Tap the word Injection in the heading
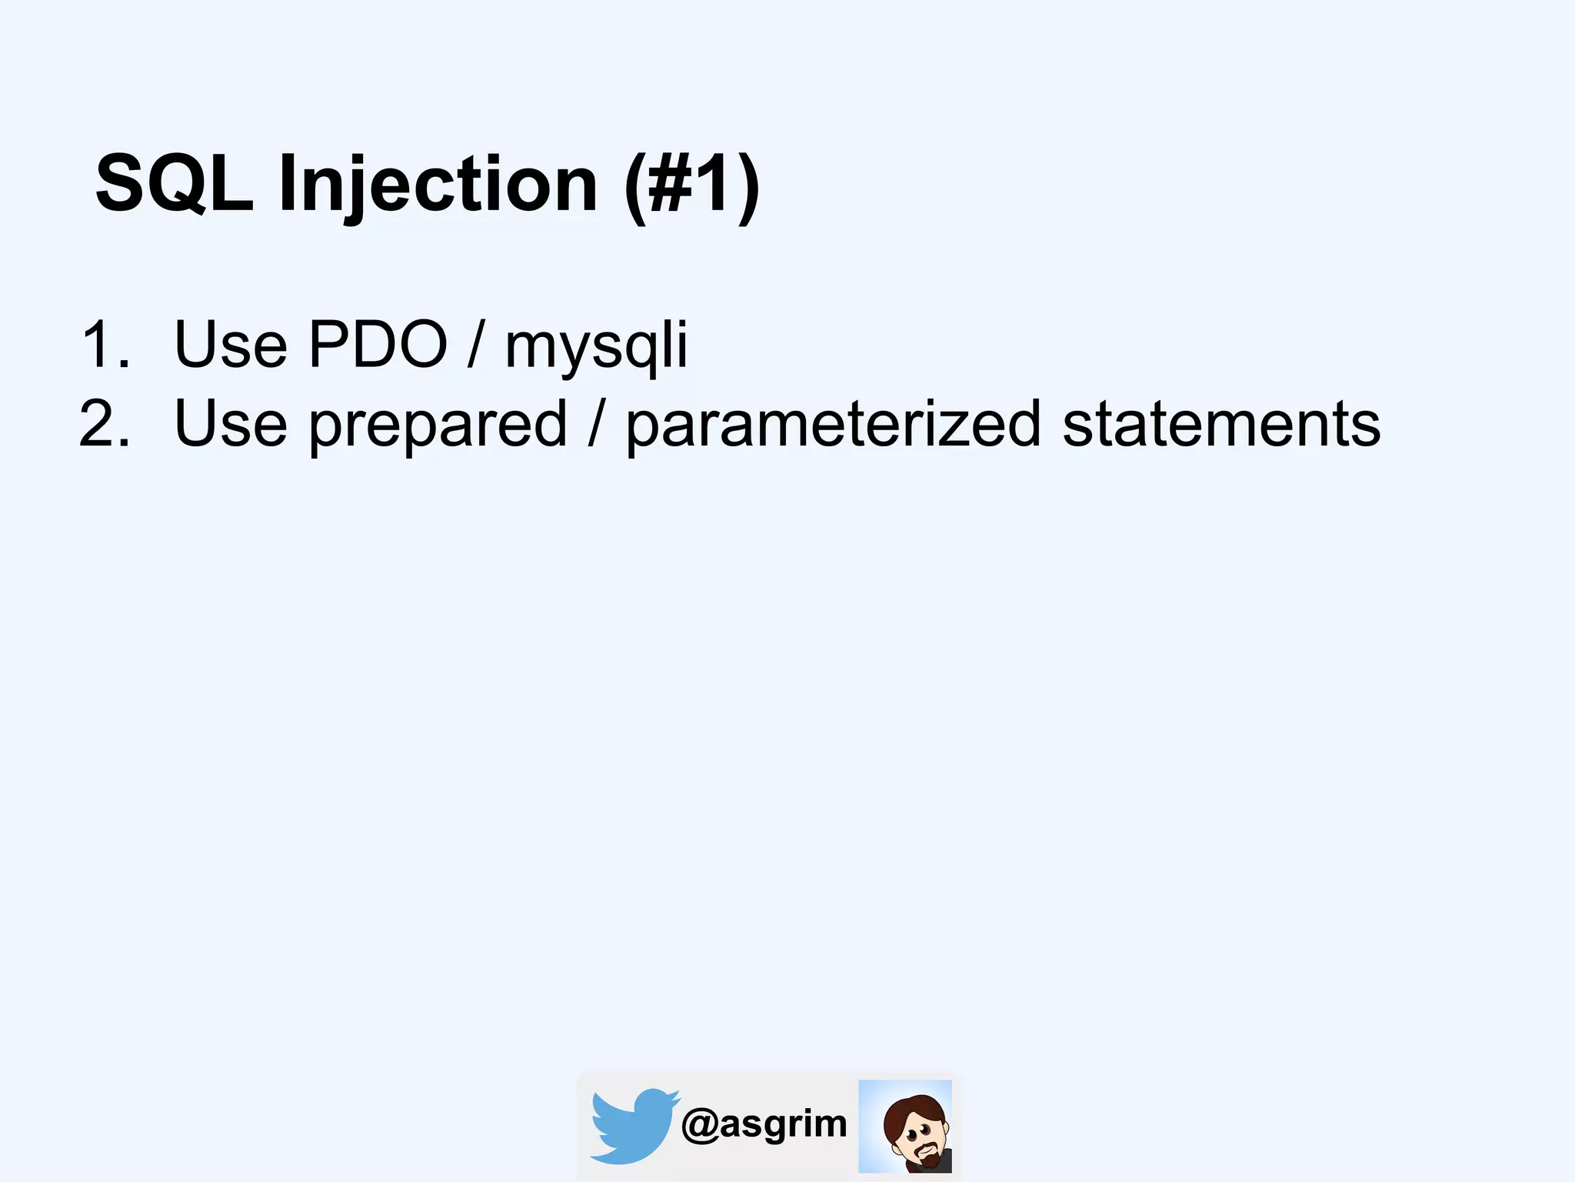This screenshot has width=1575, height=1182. pos(438,185)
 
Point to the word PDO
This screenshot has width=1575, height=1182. pos(378,344)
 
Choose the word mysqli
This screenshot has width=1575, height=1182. pos(596,346)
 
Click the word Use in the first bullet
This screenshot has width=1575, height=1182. pos(231,344)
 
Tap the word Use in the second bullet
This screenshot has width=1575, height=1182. pos(231,424)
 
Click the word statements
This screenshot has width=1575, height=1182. pos(1221,424)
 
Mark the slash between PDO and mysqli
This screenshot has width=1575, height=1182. pos(476,344)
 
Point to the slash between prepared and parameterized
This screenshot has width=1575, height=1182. pos(596,424)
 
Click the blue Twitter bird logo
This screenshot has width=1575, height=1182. pos(633,1125)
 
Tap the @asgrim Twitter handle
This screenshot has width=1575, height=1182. pos(764,1124)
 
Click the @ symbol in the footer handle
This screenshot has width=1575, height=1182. pos(699,1125)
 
